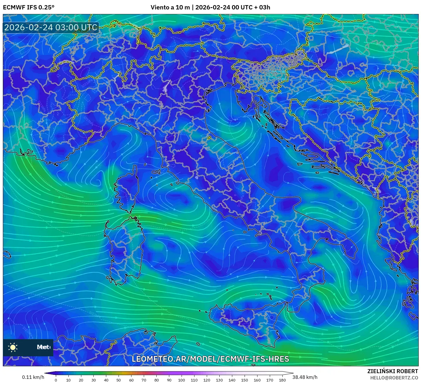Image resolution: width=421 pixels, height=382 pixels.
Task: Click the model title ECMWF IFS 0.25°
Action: (29, 7)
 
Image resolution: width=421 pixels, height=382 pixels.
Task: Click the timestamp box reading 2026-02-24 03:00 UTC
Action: (51, 27)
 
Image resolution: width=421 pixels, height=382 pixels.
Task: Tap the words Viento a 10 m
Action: (170, 7)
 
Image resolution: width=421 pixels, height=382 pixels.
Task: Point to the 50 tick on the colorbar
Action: (119, 380)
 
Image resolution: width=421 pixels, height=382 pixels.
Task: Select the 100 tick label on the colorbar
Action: (182, 380)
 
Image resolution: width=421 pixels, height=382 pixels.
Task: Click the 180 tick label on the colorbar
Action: (282, 380)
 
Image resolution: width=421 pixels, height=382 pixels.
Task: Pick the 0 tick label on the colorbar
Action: (56, 380)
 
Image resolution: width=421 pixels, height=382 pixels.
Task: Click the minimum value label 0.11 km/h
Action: (33, 377)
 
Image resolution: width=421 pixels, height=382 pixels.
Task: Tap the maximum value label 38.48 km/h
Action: (305, 377)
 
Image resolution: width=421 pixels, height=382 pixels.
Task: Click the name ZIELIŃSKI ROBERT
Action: (393, 371)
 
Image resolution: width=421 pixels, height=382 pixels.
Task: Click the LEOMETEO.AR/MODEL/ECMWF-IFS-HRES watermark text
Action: (210, 359)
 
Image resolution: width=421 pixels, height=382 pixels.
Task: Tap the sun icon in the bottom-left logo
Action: (13, 347)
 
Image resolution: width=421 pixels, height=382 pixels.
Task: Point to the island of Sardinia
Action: (125, 249)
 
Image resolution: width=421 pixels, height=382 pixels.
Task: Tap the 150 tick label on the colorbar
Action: (245, 380)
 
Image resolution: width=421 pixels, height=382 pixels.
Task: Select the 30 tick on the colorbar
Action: (93, 380)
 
